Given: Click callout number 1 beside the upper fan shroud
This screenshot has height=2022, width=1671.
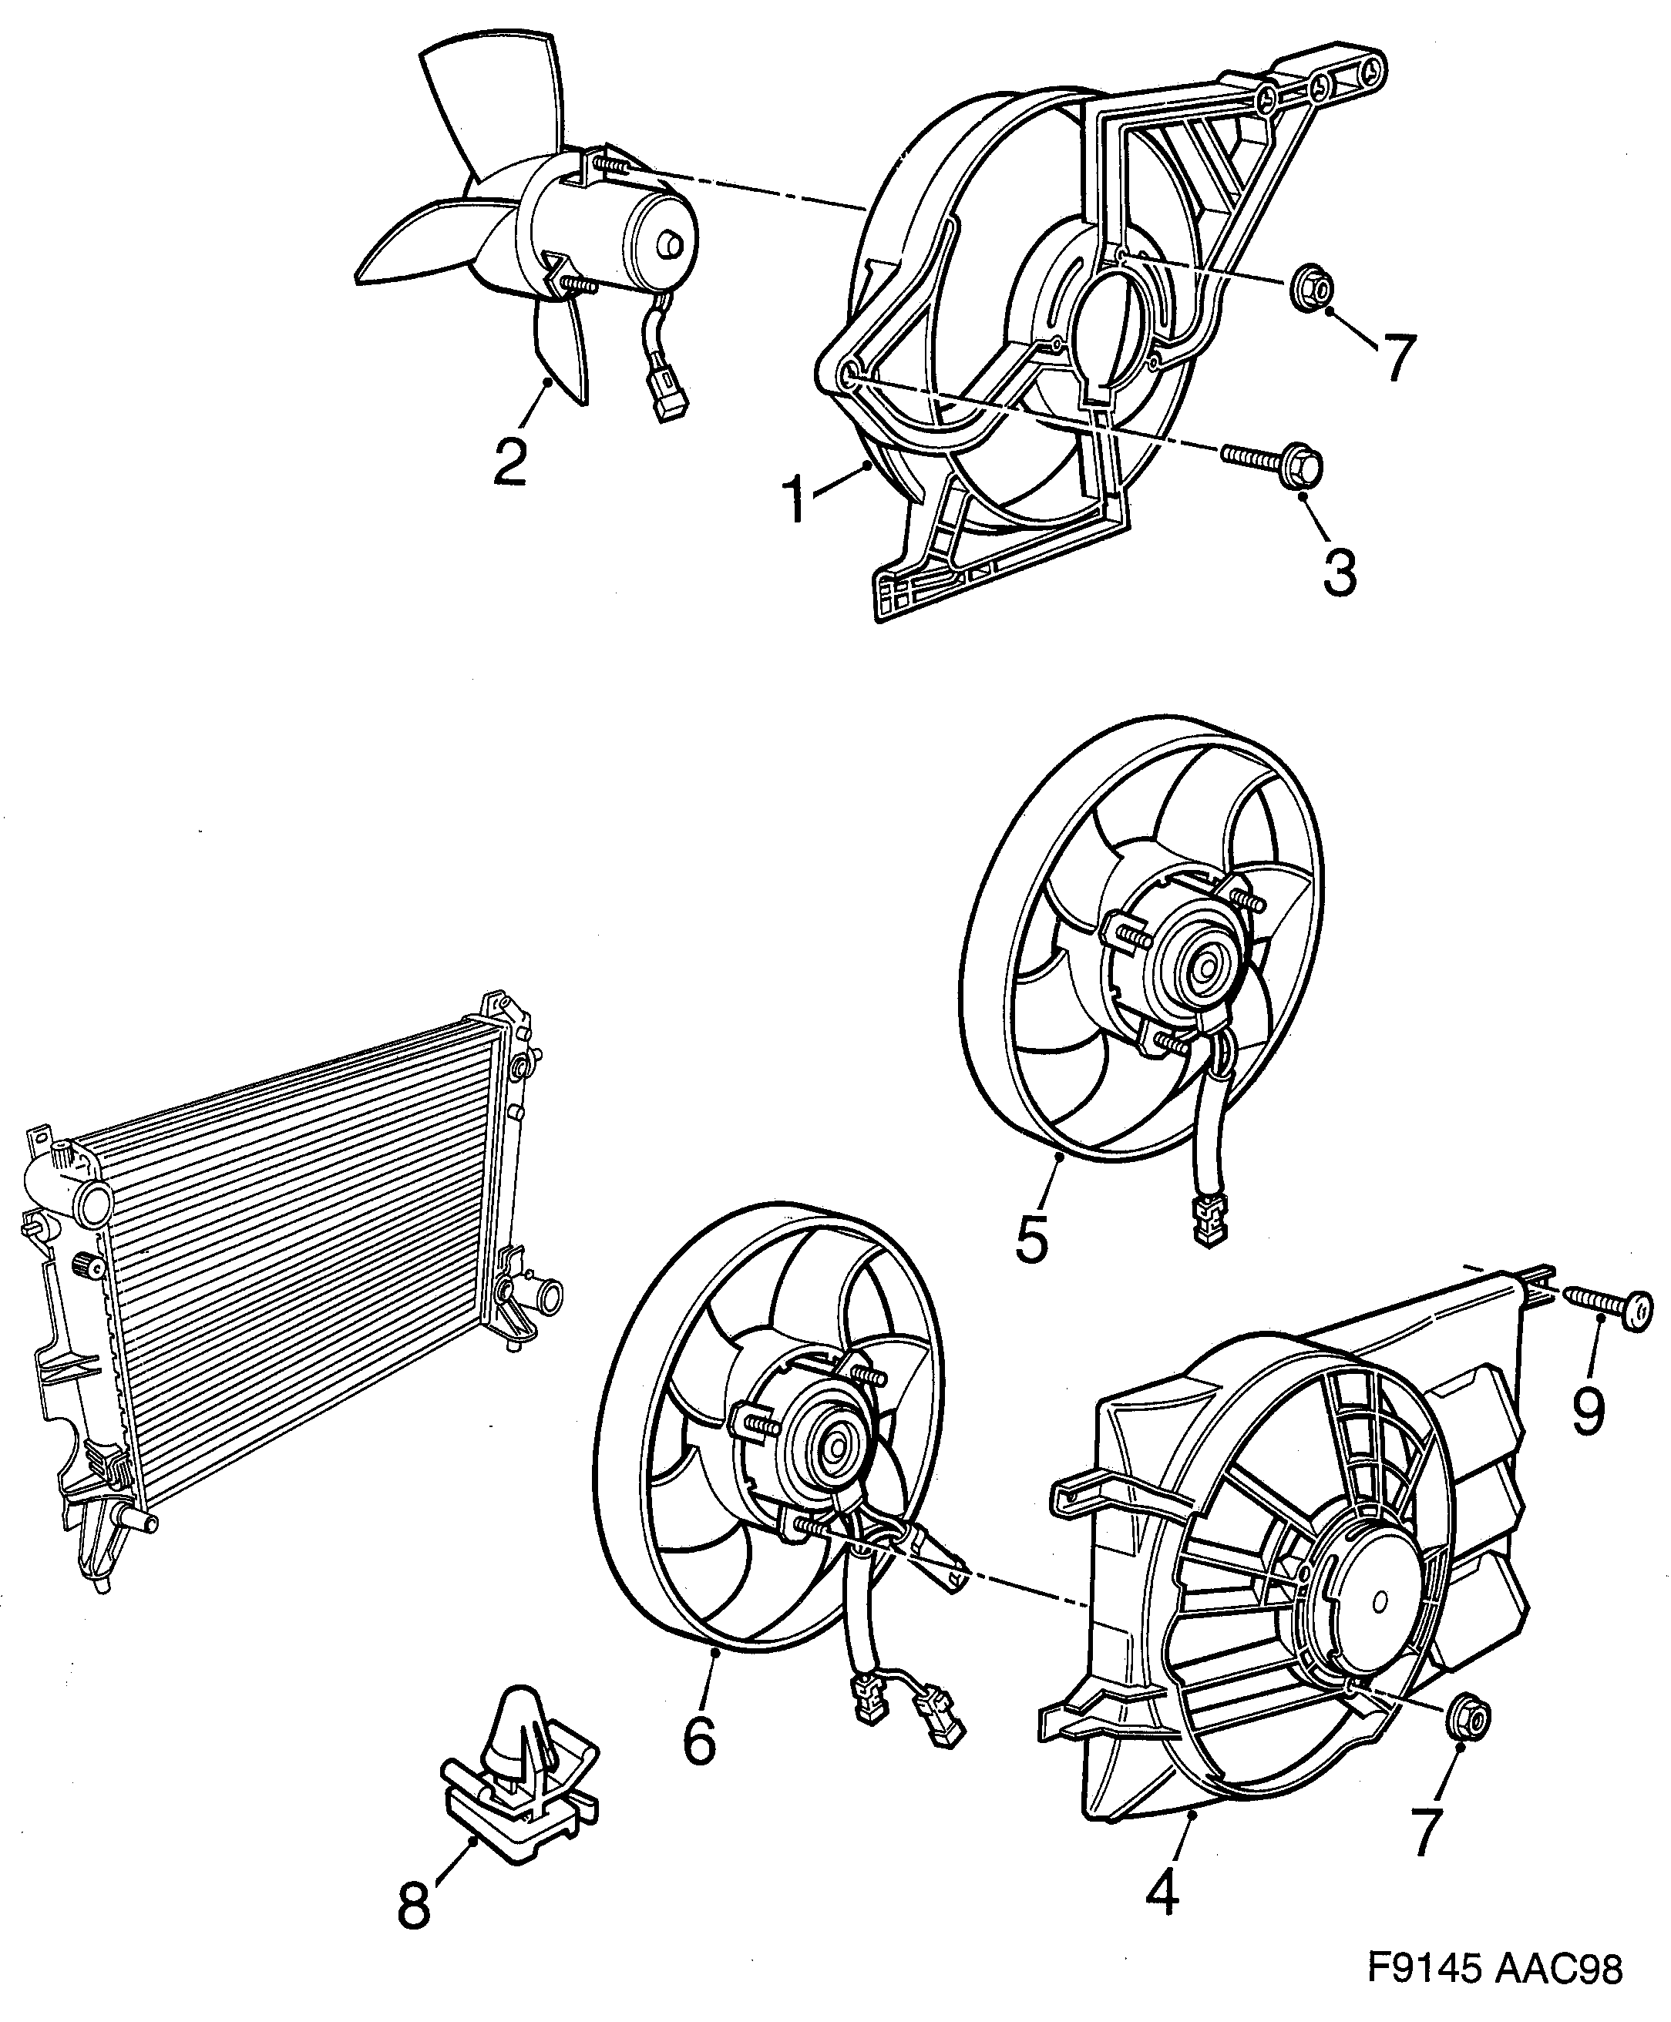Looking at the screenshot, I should click(796, 498).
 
